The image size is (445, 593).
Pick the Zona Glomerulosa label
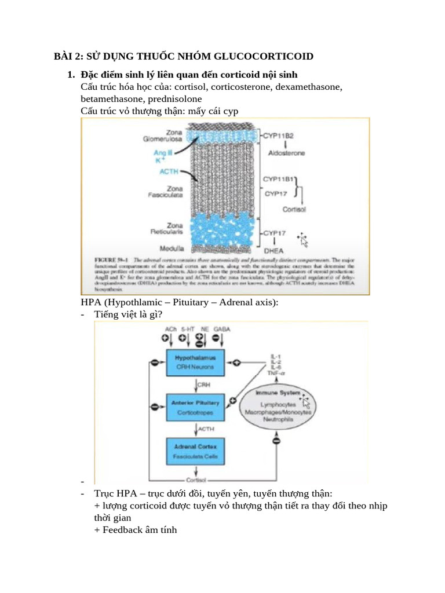162,136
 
